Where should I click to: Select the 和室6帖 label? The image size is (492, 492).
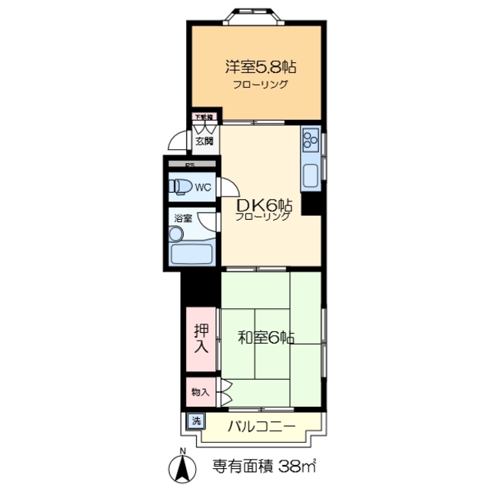click(265, 336)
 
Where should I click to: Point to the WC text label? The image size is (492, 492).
click(202, 187)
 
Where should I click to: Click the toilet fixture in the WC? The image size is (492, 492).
click(181, 187)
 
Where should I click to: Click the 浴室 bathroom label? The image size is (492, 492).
click(182, 218)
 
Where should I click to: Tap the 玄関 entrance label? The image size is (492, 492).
click(204, 141)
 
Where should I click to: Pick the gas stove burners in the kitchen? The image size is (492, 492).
click(311, 140)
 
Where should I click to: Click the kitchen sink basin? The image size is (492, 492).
click(311, 175)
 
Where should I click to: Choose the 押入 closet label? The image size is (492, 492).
click(201, 338)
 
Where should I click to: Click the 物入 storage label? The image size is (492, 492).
click(200, 392)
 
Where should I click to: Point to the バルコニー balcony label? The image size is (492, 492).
click(261, 427)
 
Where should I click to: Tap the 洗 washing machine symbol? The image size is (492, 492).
click(195, 421)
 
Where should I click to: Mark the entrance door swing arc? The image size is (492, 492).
click(178, 141)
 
